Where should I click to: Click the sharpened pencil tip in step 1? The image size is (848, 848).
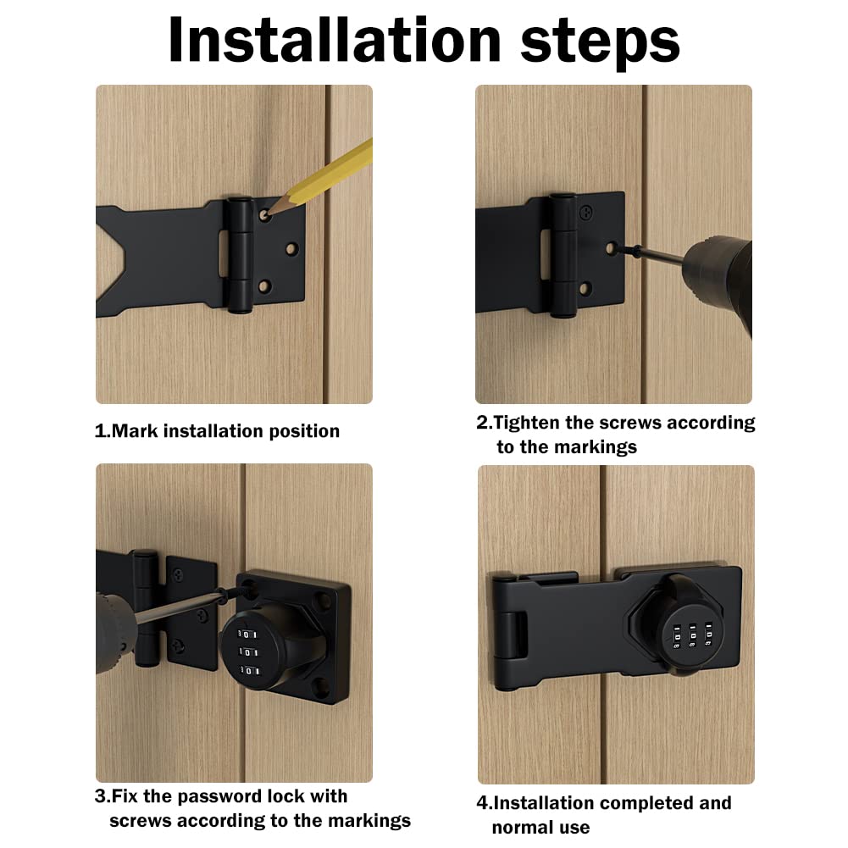tap(269, 213)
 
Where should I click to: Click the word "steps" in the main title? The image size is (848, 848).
tap(600, 44)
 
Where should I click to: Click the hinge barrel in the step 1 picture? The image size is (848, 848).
tap(239, 255)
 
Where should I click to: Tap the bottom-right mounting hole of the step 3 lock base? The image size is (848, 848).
tap(321, 688)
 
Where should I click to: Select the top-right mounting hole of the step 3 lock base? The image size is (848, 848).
tap(323, 599)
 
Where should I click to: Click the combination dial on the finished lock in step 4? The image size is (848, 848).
tap(691, 636)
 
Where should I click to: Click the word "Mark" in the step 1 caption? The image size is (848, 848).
tap(135, 431)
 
